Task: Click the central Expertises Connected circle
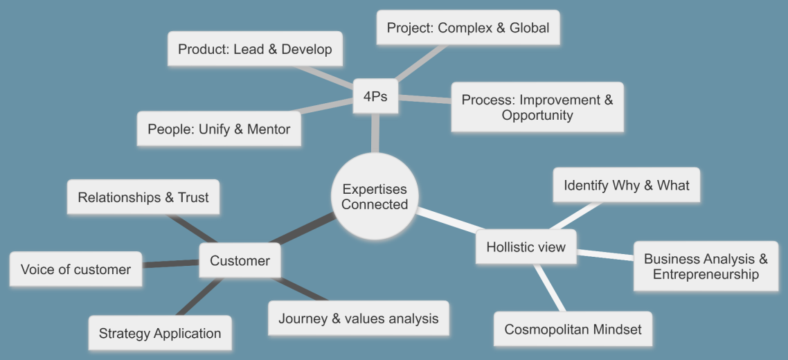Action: tap(375, 197)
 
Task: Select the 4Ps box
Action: tap(375, 97)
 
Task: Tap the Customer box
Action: tap(240, 261)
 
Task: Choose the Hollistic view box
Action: tap(526, 247)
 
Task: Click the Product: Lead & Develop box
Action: tap(255, 49)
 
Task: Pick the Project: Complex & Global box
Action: tap(467, 28)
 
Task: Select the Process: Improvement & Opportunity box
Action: tap(537, 107)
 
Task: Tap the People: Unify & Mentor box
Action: tap(219, 129)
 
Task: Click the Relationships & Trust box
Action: tap(143, 197)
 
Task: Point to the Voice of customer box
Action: tap(75, 269)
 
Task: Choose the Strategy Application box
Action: tap(159, 334)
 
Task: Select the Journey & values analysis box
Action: tap(358, 318)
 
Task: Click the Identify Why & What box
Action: tap(626, 186)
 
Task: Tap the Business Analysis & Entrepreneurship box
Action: tap(705, 267)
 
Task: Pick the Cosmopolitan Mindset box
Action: tap(573, 330)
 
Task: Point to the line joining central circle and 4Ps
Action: tap(375, 135)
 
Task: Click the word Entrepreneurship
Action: tap(705, 275)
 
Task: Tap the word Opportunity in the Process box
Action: tap(537, 116)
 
